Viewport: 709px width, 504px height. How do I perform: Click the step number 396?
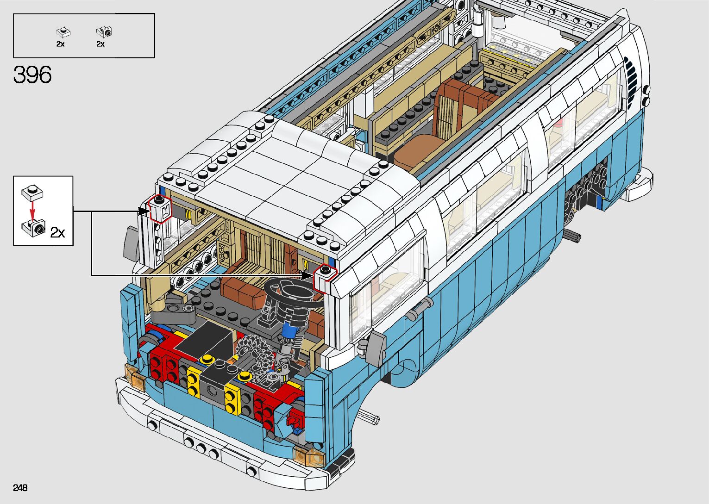(x=32, y=75)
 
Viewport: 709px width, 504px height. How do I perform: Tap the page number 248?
(x=20, y=487)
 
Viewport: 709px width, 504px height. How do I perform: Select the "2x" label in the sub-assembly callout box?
(x=57, y=232)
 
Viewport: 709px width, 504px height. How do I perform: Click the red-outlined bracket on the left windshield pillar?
(x=160, y=209)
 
